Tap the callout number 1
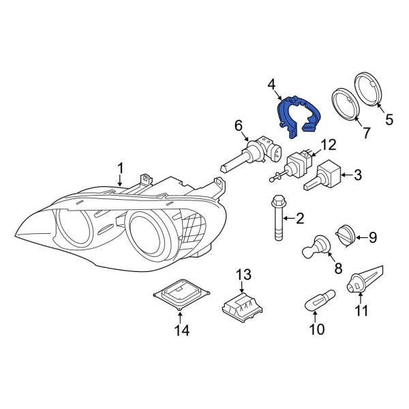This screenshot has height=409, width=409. [x=120, y=168]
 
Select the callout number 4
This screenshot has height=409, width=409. [x=271, y=85]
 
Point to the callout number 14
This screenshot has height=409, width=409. [x=180, y=331]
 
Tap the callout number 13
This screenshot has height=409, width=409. [x=244, y=275]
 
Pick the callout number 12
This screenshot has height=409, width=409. [x=329, y=145]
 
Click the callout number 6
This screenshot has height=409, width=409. [x=239, y=125]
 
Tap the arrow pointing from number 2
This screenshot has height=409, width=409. [x=290, y=218]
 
